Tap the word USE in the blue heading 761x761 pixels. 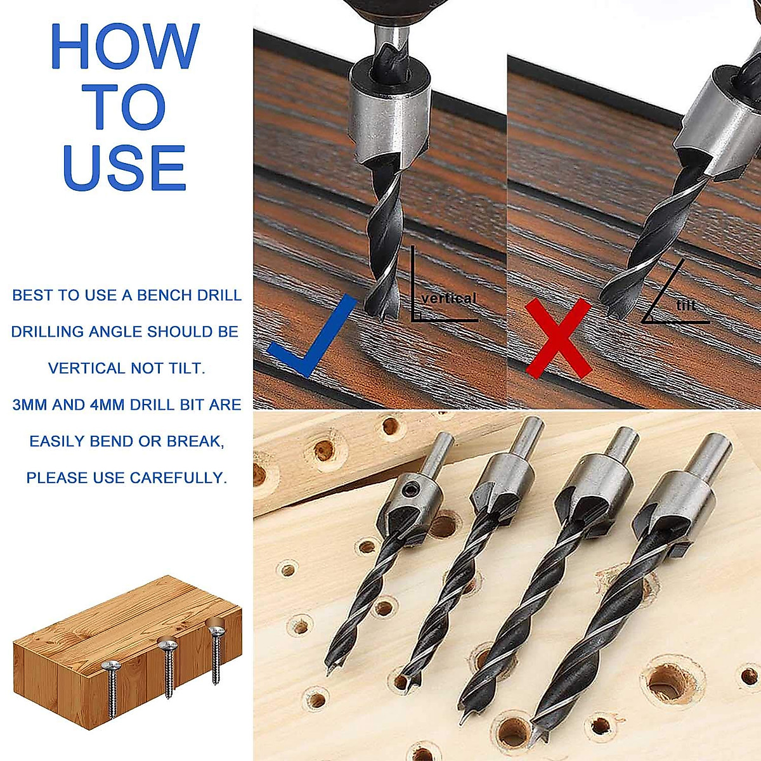[x=124, y=167]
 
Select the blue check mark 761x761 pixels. [x=310, y=336]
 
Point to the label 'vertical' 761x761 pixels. [x=448, y=298]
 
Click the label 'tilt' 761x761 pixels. [x=686, y=306]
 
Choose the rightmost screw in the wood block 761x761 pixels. [x=216, y=653]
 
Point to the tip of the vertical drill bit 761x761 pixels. [x=379, y=311]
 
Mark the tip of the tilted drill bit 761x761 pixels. [x=612, y=311]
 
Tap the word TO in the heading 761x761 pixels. [x=124, y=107]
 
